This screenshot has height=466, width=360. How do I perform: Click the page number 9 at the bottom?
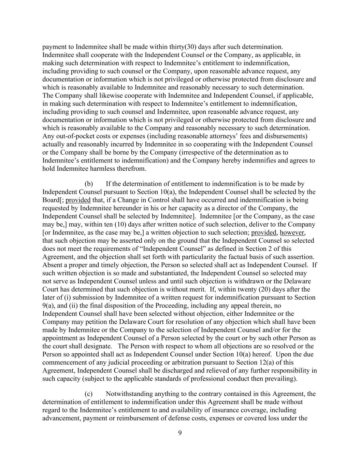[x=180, y=433]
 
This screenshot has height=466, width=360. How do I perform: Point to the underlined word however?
[x=292, y=232]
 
